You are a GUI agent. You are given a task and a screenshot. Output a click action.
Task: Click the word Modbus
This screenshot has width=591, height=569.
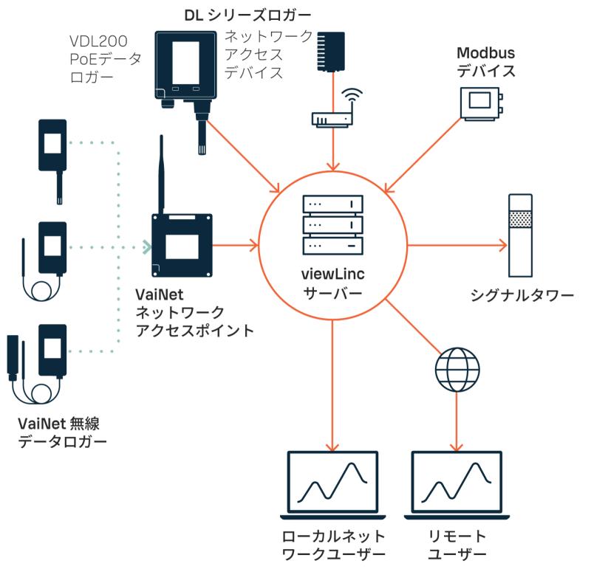(485, 55)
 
